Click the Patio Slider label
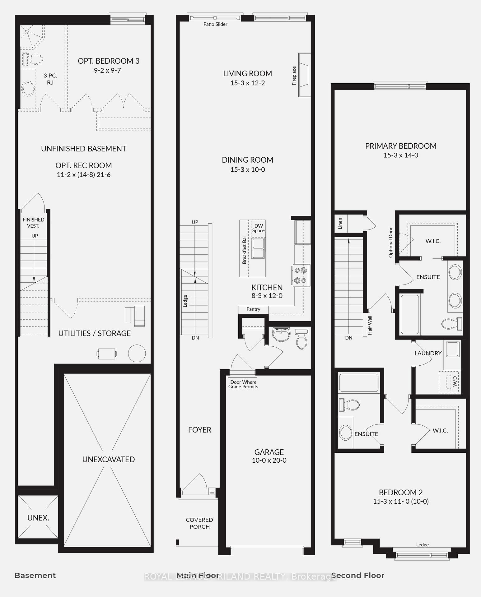tap(215, 24)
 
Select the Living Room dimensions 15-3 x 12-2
tap(247, 83)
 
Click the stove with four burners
tap(301, 275)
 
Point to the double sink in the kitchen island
tap(258, 248)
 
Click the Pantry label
tap(253, 309)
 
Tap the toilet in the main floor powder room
tap(301, 340)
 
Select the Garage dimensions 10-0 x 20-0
tap(269, 460)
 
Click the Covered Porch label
tap(199, 523)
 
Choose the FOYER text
tap(199, 430)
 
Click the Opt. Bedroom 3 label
tap(108, 61)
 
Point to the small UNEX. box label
tap(38, 518)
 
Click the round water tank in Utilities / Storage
tap(137, 353)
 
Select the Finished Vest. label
tap(33, 223)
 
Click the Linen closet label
tap(340, 223)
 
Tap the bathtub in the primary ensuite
tap(409, 314)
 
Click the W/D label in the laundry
tap(455, 381)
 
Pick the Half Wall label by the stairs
tap(370, 325)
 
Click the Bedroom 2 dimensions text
tap(401, 501)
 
